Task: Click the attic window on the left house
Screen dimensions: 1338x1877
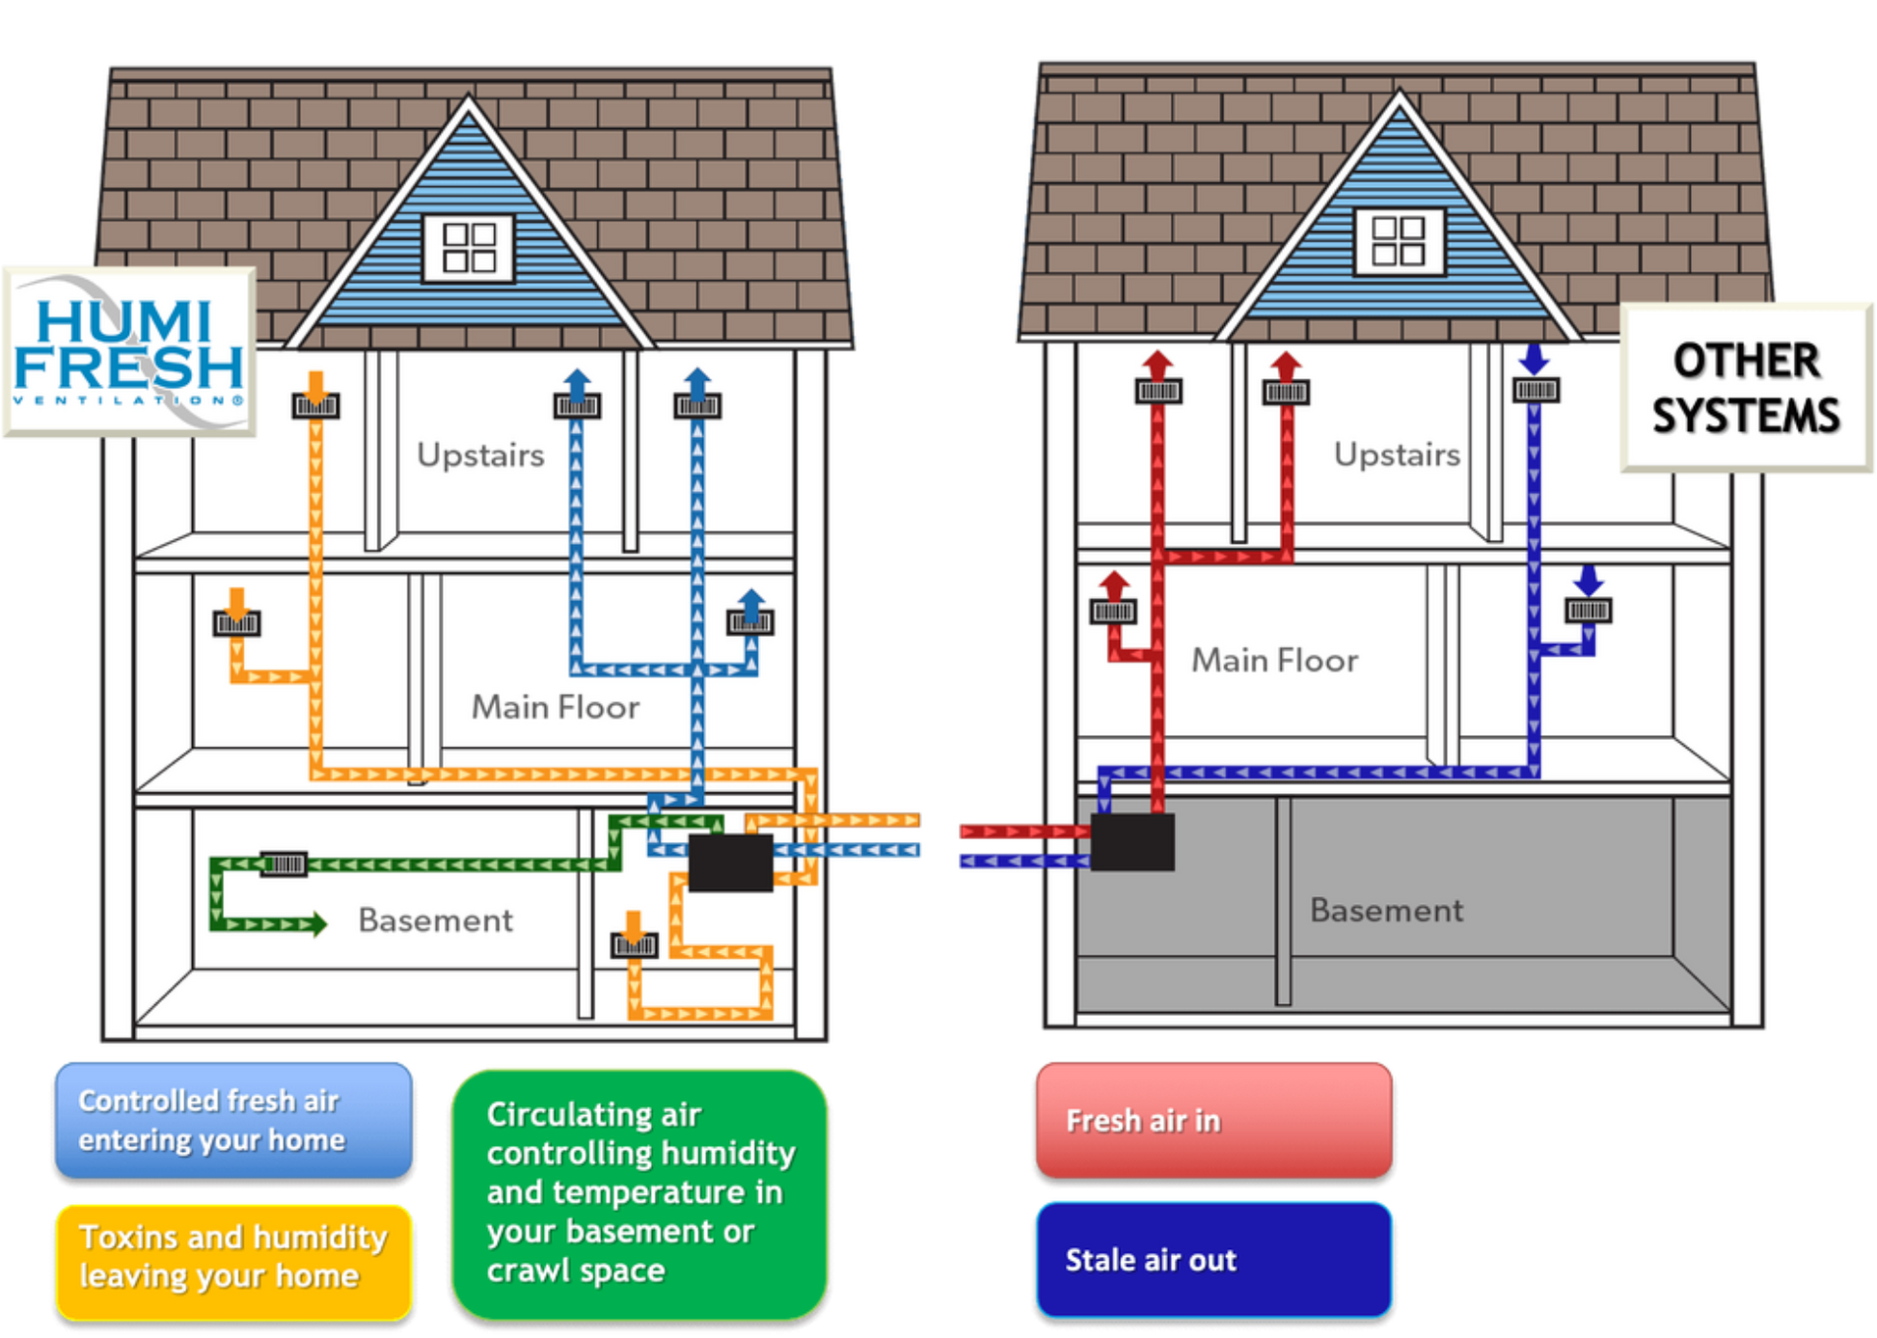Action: [469, 247]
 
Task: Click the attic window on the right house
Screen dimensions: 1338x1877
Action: [1399, 240]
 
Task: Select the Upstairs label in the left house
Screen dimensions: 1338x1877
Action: [480, 454]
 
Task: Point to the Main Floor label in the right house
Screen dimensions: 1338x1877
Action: [1274, 660]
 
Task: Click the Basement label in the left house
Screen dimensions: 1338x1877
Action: [435, 920]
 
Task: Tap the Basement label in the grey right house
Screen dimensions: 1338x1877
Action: [1386, 910]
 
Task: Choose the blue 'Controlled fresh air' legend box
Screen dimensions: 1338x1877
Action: [233, 1120]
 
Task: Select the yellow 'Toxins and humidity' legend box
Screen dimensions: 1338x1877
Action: [233, 1257]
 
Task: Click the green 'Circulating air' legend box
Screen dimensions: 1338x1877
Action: [639, 1192]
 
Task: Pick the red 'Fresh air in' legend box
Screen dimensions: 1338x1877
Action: [1213, 1120]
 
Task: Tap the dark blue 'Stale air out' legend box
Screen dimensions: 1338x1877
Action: [1213, 1259]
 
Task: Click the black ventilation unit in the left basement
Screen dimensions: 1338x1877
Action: [730, 861]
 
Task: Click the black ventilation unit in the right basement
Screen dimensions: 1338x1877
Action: [1132, 841]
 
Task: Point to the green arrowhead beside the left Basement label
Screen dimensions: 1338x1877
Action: [314, 924]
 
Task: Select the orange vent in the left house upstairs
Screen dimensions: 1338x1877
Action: [315, 405]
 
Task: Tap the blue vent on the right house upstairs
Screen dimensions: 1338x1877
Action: [1536, 390]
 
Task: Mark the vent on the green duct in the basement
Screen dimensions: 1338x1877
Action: [284, 863]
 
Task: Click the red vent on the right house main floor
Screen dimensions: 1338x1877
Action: [1113, 611]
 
